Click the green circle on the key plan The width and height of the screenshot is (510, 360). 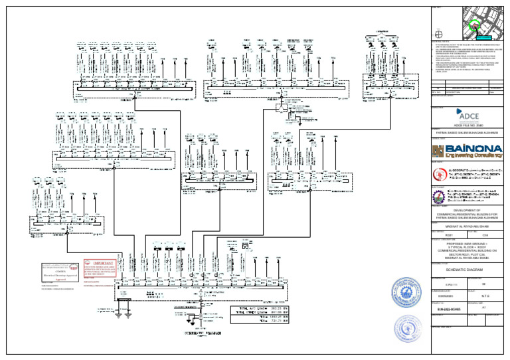(x=474, y=27)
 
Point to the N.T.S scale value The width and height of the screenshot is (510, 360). (x=485, y=297)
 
